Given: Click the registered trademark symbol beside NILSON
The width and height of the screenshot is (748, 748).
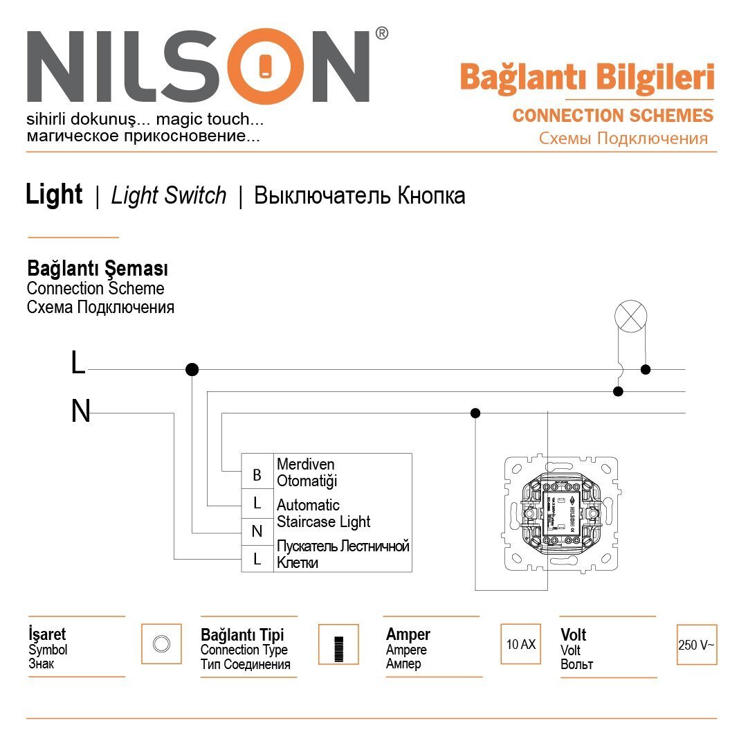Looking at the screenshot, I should pos(381,33).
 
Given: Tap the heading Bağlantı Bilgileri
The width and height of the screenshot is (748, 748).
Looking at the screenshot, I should pos(587,78).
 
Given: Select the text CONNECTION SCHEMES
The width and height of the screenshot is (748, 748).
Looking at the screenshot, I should pos(612,116).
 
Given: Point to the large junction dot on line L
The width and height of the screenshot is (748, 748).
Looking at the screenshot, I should pos(192,370).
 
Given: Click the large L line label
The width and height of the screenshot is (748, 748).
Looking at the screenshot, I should pos(78,364).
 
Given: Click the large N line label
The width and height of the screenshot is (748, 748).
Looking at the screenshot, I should pos(80,412).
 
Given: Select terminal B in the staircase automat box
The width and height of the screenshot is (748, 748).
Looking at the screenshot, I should pos(257,475).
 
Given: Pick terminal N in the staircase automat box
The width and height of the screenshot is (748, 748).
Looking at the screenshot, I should pos(257,532).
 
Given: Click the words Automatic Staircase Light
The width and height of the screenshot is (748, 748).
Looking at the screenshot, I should pos(323,513).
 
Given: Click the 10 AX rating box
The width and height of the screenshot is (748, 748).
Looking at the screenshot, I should pos(520,644).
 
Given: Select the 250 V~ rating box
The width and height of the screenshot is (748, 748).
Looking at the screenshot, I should pos(696,645).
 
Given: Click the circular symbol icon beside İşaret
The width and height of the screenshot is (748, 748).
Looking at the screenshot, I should pos(161,643).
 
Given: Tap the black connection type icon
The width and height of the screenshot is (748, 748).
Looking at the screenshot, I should pos(338,645).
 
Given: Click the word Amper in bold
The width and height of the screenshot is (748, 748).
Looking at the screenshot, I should pos(408,634).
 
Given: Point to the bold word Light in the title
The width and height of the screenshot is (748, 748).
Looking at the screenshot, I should pos(54,195).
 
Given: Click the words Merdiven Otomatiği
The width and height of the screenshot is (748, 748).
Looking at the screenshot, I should pos(307,472).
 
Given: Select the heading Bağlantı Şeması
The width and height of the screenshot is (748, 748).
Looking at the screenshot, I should pos(98,268).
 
